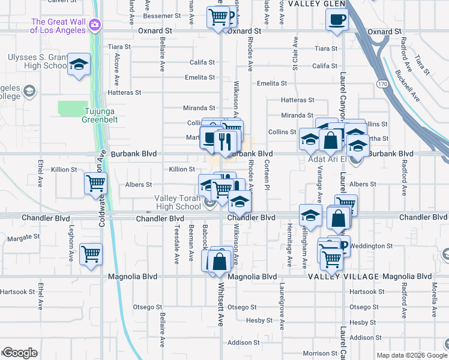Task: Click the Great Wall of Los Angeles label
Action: click(58, 25)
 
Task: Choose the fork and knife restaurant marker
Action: click(226, 142)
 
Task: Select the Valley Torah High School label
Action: click(178, 202)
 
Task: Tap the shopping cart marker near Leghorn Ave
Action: click(91, 254)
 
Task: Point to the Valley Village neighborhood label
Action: click(343, 277)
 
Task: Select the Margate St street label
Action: click(23, 238)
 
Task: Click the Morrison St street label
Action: click(320, 353)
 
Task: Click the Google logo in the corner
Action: click(20, 353)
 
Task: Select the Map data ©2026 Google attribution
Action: click(411, 355)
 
